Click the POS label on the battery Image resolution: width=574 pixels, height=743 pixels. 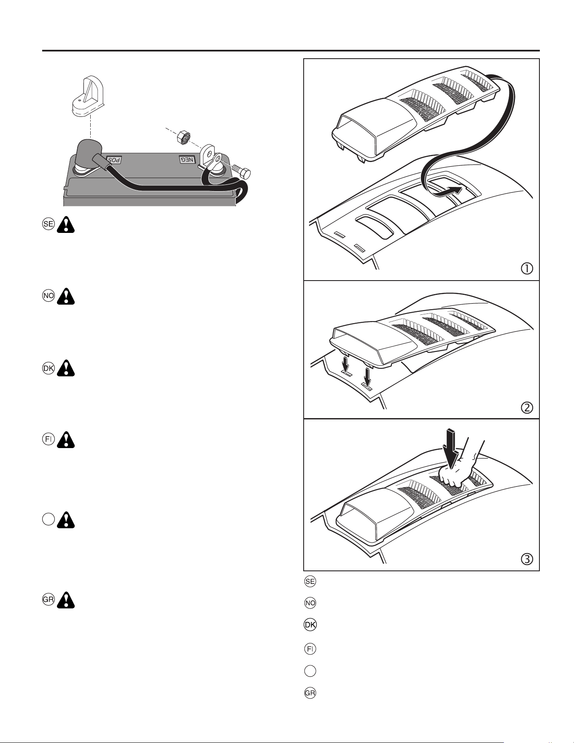(113, 160)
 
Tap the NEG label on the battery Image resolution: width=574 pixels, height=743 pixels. (187, 159)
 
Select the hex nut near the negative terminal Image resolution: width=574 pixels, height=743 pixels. (184, 137)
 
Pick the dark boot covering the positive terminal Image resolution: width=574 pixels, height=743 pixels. (88, 154)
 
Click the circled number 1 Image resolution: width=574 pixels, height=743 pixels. (527, 268)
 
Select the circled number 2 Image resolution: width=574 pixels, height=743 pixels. (527, 408)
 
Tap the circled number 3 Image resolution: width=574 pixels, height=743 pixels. (527, 559)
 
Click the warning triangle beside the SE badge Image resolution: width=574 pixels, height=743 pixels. (66, 225)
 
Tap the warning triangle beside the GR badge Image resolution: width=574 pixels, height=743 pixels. (66, 600)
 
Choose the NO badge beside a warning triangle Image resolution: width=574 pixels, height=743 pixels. (49, 296)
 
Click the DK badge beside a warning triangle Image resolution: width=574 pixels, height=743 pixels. (49, 368)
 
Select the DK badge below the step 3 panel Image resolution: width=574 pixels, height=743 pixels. (310, 625)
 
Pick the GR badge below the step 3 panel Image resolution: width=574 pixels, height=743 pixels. (310, 693)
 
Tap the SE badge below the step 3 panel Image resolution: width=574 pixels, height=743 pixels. (310, 581)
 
